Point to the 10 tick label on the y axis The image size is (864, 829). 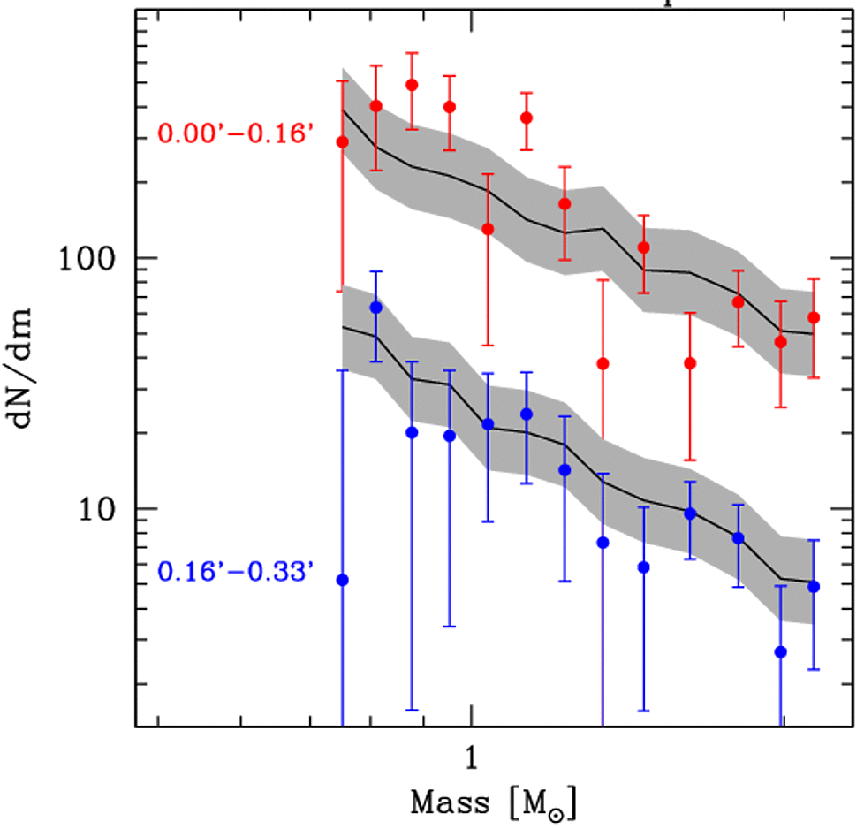[x=102, y=510]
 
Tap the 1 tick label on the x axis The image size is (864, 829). [x=472, y=758]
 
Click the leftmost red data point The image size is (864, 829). [x=343, y=141]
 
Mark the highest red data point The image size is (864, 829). [x=412, y=85]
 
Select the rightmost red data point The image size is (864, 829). [x=814, y=317]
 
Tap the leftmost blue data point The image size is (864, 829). [x=343, y=580]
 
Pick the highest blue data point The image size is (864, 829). [x=375, y=307]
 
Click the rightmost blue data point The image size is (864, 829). [x=814, y=586]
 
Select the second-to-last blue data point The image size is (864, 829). [x=780, y=651]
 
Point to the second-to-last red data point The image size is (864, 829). [x=780, y=341]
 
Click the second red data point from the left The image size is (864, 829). [x=375, y=106]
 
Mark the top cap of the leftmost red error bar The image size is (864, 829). [x=343, y=81]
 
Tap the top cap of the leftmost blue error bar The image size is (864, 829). [x=343, y=370]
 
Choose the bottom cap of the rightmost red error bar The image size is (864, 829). [x=814, y=377]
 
